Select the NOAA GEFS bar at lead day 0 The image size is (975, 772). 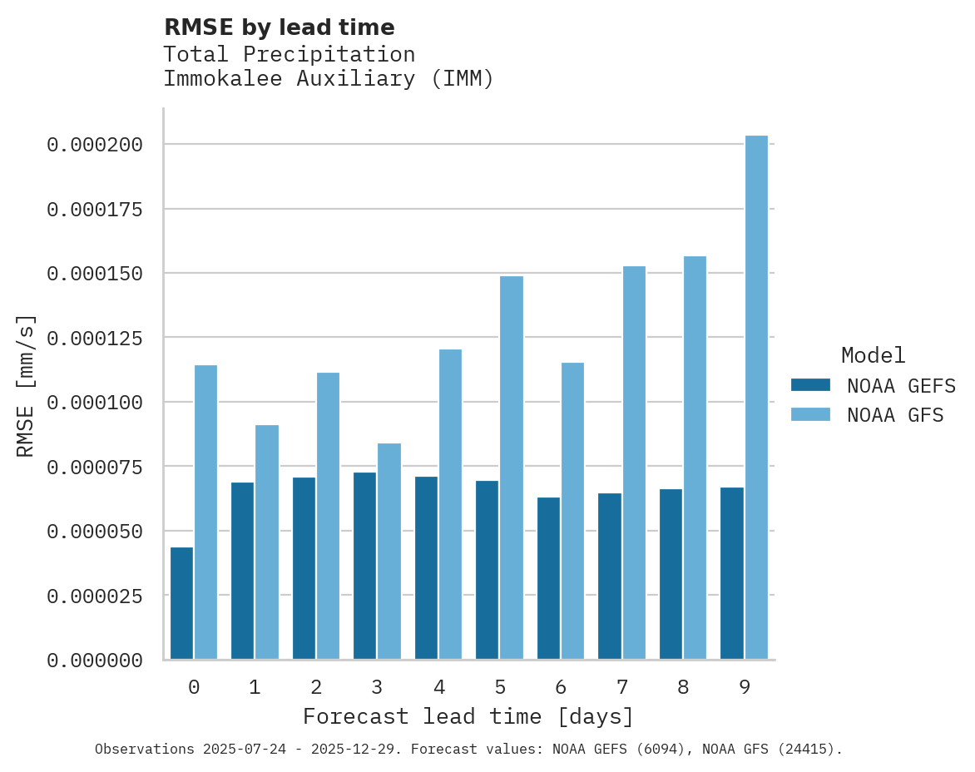pos(181,603)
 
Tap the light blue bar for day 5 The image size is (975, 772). pos(512,468)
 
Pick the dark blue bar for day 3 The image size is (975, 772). pos(364,566)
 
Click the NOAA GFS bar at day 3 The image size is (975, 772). pos(389,551)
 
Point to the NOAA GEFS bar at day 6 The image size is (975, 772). pos(548,578)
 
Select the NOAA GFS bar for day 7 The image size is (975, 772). pos(634,463)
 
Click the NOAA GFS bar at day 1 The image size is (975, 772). pos(267,542)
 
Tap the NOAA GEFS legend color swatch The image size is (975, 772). pos(810,385)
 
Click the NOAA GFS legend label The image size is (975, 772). pos(895,415)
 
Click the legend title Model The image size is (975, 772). pos(873,355)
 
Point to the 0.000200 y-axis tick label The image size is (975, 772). pos(95,145)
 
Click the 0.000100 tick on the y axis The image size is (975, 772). pos(95,403)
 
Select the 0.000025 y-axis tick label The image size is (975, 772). pos(95,596)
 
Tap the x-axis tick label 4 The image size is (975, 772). pos(438,687)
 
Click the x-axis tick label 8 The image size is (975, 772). pos(683,687)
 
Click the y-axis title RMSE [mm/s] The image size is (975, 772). pos(26,385)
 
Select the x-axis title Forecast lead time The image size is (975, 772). pos(468,716)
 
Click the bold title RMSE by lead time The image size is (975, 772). pos(279,27)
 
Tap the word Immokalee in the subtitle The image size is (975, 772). pos(216,79)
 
